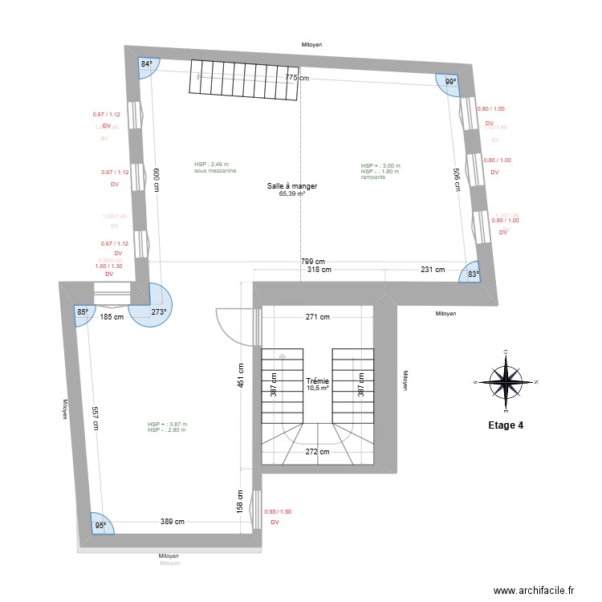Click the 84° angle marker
tap(147, 64)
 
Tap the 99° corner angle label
tap(450, 82)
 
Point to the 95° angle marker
tap(100, 526)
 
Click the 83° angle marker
tap(472, 275)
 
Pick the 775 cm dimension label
tap(297, 78)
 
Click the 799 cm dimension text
tap(313, 262)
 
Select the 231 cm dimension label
tap(433, 270)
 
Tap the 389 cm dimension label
tap(172, 521)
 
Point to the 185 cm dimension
tap(112, 316)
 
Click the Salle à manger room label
tap(292, 186)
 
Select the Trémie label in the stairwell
tap(317, 382)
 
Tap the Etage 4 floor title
tap(506, 425)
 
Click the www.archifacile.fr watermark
tap(534, 591)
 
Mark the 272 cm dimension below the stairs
tap(317, 451)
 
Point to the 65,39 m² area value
tap(292, 193)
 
